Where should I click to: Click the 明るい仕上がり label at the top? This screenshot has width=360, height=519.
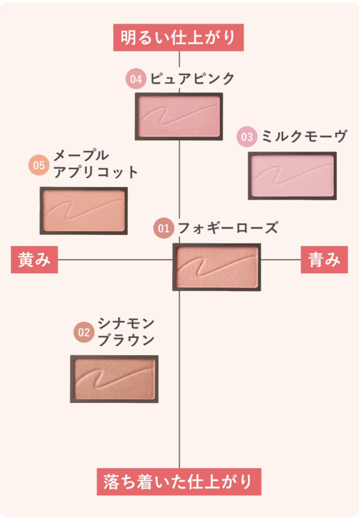coord(178,37)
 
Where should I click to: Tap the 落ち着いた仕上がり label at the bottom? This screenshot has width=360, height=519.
coord(179,482)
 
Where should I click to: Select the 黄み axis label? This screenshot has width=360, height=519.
coord(34,260)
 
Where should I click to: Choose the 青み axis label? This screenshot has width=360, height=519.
coord(324,260)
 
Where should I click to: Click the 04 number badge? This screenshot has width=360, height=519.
coord(136,79)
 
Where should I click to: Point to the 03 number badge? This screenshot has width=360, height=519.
coord(247,137)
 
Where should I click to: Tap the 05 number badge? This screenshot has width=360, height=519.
coord(39,165)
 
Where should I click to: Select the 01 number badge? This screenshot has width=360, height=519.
coord(164,228)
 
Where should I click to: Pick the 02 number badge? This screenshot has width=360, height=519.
coord(84,332)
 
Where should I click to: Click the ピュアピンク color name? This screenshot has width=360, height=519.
coord(192,79)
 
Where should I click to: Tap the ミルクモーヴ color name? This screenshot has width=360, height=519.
coord(304,136)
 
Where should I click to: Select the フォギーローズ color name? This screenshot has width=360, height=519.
coord(228,228)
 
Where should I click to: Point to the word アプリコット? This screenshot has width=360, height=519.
coord(96,172)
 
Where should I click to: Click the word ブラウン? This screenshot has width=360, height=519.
coord(126,340)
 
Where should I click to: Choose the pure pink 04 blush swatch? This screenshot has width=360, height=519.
coord(179,116)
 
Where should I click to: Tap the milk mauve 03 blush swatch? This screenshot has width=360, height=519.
coord(292,176)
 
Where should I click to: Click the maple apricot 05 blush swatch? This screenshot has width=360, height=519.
coord(84,211)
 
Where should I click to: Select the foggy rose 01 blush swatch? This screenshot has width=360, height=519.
coord(217,267)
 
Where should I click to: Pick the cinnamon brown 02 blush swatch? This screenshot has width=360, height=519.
coord(114,379)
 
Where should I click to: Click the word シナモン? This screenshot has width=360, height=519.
coord(126,324)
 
